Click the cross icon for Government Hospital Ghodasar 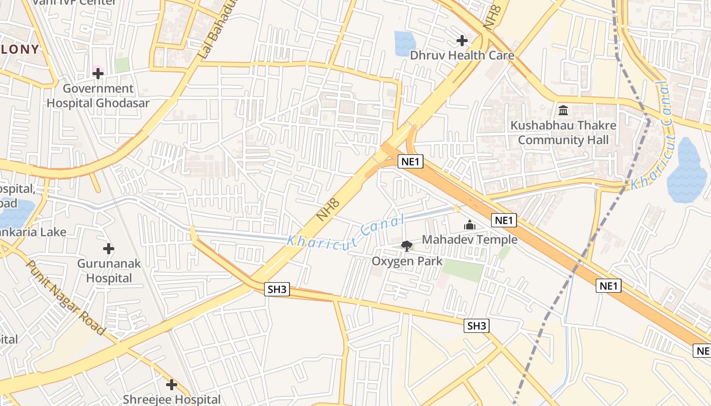pyautogui.click(x=98, y=74)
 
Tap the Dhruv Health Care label pyautogui.click(x=462, y=55)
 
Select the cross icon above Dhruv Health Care pyautogui.click(x=462, y=40)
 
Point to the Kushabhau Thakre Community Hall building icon pyautogui.click(x=563, y=110)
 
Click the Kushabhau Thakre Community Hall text pyautogui.click(x=563, y=132)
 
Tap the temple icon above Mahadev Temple pyautogui.click(x=470, y=225)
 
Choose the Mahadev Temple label pyautogui.click(x=470, y=240)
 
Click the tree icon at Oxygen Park pyautogui.click(x=406, y=246)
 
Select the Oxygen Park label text pyautogui.click(x=407, y=261)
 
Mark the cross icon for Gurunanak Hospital pyautogui.click(x=108, y=249)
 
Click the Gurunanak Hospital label pyautogui.click(x=109, y=270)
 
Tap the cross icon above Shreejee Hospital pyautogui.click(x=172, y=385)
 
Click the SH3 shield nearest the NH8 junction pyautogui.click(x=277, y=290)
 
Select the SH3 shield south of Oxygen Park pyautogui.click(x=476, y=326)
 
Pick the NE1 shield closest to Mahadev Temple pyautogui.click(x=504, y=220)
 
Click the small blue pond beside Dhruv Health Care pyautogui.click(x=405, y=43)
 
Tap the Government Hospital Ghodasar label pyautogui.click(x=98, y=96)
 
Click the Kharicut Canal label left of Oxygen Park pyautogui.click(x=345, y=231)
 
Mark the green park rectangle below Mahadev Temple pyautogui.click(x=463, y=271)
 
